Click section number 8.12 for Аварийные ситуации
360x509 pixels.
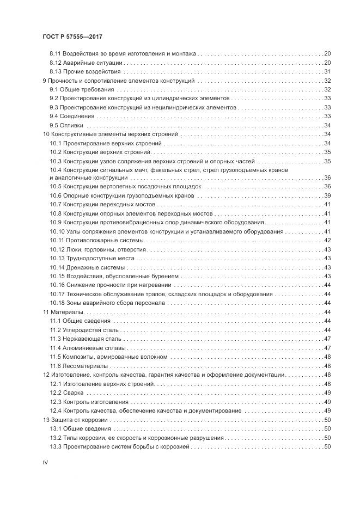pyautogui.click(x=55, y=63)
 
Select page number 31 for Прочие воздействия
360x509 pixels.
pyautogui.click(x=328, y=71)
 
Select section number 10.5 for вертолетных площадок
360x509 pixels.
pyautogui.click(x=56, y=187)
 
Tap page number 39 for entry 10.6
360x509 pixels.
pyautogui.click(x=328, y=195)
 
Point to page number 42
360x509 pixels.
pyautogui.click(x=328, y=240)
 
